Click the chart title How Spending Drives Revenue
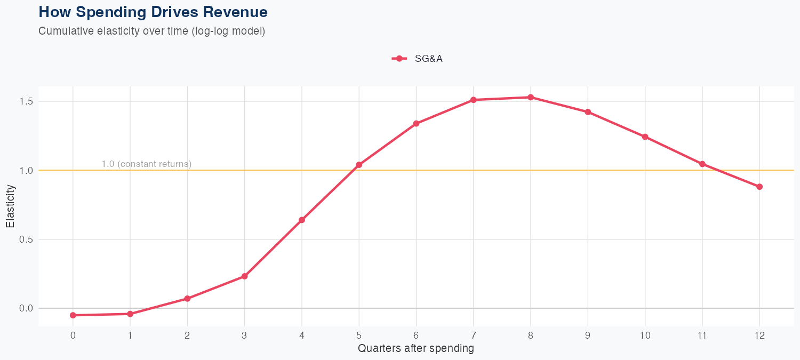[153, 12]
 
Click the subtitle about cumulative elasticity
[151, 31]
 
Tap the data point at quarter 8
[531, 98]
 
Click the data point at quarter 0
[73, 315]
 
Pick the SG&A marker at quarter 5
[359, 165]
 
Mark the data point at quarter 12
[759, 187]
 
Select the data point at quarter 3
[244, 276]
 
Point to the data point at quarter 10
[645, 137]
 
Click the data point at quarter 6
[416, 124]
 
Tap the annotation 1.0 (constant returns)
[146, 164]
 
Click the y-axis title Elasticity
[10, 206]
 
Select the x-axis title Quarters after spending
[416, 349]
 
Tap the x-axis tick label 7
[473, 335]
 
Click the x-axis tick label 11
[702, 335]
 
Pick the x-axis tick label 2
[187, 335]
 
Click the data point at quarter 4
[302, 220]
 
